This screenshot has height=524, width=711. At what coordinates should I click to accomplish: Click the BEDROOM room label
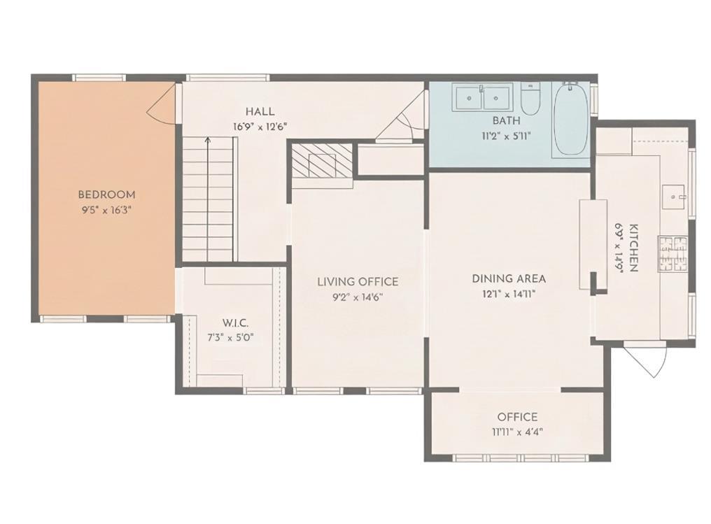(106, 194)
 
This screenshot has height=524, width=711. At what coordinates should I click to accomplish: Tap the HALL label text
(260, 111)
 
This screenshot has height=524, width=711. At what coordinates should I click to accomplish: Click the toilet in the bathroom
(530, 99)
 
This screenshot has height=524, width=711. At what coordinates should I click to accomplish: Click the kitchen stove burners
(673, 254)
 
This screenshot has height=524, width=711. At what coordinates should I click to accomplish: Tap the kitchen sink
(675, 197)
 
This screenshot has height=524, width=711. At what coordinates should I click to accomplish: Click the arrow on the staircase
(208, 199)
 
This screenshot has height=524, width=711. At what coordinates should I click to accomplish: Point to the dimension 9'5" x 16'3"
(106, 210)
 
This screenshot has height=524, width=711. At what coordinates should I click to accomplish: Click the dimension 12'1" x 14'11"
(509, 295)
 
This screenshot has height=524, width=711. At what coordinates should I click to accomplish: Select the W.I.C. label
(235, 323)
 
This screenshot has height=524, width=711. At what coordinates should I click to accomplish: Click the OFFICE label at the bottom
(517, 416)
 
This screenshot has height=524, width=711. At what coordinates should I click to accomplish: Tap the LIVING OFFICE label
(358, 282)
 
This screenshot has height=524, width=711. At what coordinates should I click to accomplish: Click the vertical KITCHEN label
(633, 248)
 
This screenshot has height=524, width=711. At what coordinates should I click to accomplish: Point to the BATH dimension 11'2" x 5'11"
(506, 135)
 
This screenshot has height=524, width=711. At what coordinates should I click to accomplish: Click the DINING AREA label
(509, 278)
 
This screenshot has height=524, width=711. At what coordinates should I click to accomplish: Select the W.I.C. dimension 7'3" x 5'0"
(231, 338)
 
